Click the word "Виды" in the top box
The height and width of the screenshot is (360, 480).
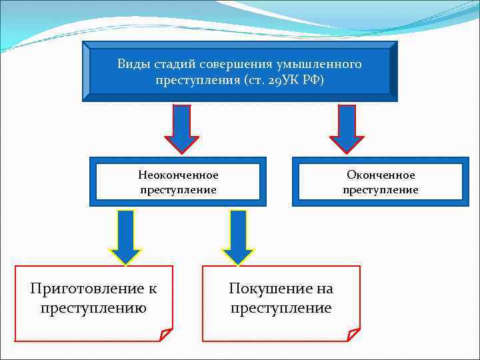click(133, 65)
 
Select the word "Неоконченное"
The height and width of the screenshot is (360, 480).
click(178, 175)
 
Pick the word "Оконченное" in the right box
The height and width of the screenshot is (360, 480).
click(381, 175)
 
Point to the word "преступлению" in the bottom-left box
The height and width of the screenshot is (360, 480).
click(93, 308)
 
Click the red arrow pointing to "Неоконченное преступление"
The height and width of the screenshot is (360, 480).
click(181, 129)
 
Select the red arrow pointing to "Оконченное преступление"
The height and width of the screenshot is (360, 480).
click(347, 129)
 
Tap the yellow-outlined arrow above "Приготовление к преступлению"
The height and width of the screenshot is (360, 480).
click(125, 237)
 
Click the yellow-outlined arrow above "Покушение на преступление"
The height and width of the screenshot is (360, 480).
click(238, 237)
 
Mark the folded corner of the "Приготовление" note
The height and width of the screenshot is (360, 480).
click(165, 334)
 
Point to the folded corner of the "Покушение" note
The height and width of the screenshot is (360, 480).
click(353, 334)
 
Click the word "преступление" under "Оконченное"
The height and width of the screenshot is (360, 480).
click(381, 190)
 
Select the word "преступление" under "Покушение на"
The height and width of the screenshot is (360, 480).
click(281, 308)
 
